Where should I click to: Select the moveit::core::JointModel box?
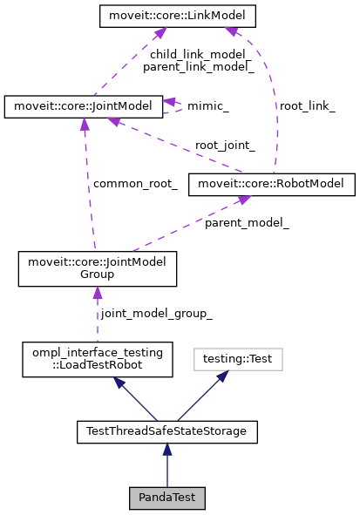(83, 106)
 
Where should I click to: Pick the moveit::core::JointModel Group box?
(98, 268)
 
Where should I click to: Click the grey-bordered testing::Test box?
(226, 357)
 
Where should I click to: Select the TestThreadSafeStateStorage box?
(166, 430)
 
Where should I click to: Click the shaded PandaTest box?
(166, 498)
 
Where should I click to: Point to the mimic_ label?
(208, 106)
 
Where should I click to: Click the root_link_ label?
(306, 105)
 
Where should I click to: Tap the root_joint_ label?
(225, 146)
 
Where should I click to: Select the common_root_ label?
(135, 184)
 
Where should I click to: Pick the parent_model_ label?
(247, 223)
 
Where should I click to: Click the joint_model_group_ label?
(156, 313)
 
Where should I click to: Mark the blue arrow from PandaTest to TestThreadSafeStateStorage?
(166, 466)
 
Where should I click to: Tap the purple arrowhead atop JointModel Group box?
(97, 294)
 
